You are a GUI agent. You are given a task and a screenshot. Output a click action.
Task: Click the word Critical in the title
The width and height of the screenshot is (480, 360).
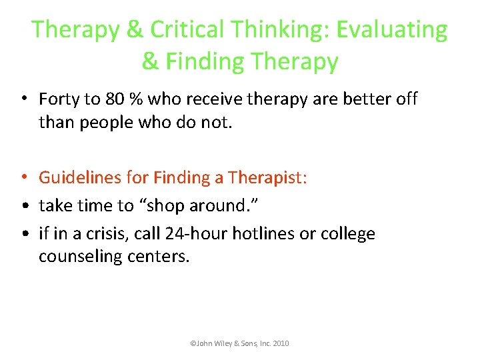click(188, 30)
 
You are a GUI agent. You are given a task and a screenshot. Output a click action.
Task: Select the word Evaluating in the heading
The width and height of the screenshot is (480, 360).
click(392, 30)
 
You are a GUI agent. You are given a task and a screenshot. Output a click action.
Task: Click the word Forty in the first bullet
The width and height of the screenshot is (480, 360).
click(59, 99)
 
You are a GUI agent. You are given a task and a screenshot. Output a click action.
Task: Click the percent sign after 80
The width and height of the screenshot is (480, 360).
click(136, 99)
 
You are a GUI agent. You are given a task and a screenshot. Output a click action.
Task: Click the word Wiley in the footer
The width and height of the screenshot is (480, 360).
click(224, 343)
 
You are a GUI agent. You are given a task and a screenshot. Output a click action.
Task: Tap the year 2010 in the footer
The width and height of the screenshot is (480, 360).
click(281, 343)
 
